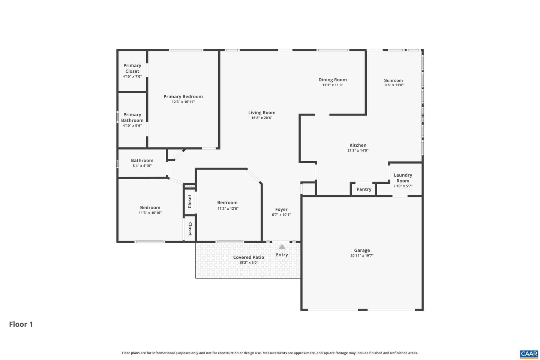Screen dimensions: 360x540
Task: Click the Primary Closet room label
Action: coord(132,68)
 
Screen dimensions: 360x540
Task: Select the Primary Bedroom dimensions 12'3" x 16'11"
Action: coord(183,102)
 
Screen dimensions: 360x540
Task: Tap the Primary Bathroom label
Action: coord(132,117)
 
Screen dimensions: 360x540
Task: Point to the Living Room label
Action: coord(262,112)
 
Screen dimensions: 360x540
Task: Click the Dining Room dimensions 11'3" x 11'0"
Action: coord(333,85)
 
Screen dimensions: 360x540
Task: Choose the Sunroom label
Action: coord(393,80)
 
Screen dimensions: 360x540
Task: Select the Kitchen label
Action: coord(358,145)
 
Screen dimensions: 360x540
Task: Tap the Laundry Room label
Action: coord(403,178)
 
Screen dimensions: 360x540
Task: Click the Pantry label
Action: coord(364,189)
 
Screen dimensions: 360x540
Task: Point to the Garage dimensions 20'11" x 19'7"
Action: coord(362,256)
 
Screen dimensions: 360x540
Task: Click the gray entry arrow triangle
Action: coord(282,247)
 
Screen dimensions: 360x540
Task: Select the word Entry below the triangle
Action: coord(282,255)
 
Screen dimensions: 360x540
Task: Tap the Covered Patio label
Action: coord(249,257)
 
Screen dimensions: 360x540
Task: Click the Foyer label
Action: coord(281,210)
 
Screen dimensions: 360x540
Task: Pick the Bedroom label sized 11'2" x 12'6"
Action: coord(227,202)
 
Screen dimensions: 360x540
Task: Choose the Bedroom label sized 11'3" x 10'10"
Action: coord(150,207)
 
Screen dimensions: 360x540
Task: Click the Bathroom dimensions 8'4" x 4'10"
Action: coord(142,166)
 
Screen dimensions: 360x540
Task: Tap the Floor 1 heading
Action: coord(21,324)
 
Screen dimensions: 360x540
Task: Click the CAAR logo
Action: coord(529,354)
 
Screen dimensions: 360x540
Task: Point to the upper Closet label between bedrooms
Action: coord(190,201)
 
